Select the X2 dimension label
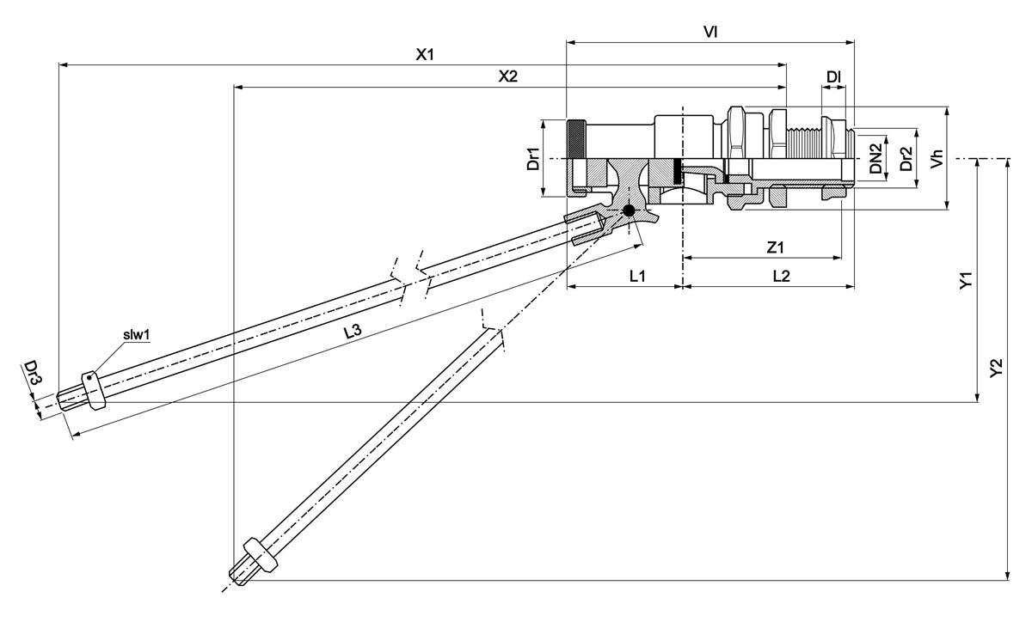(x=508, y=76)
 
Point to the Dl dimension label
(x=833, y=76)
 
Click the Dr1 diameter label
(x=533, y=157)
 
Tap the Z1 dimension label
(x=776, y=247)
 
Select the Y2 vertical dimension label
(x=996, y=369)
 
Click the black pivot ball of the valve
(x=629, y=210)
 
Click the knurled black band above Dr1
(x=576, y=136)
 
